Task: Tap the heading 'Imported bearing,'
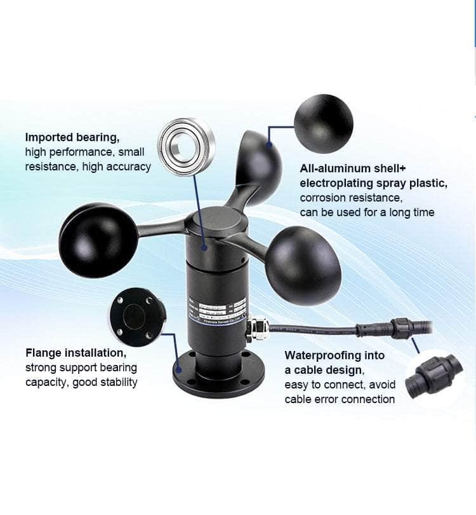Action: tap(72, 137)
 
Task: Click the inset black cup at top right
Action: tap(323, 124)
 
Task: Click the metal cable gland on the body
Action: tap(258, 328)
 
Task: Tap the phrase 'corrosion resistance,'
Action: tap(350, 198)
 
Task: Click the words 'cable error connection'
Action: tap(340, 399)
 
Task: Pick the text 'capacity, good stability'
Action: tap(81, 382)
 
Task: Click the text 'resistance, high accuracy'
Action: tap(88, 167)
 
